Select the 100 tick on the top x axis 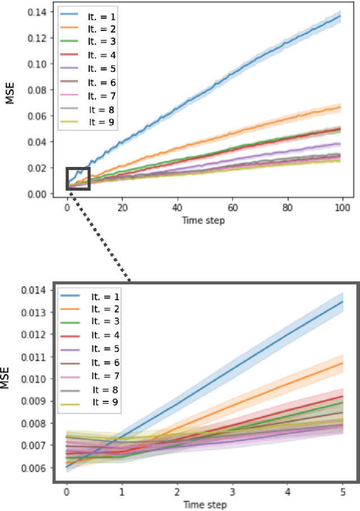[343, 207]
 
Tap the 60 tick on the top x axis [233, 207]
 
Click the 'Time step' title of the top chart [203, 220]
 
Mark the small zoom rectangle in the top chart [78, 178]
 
